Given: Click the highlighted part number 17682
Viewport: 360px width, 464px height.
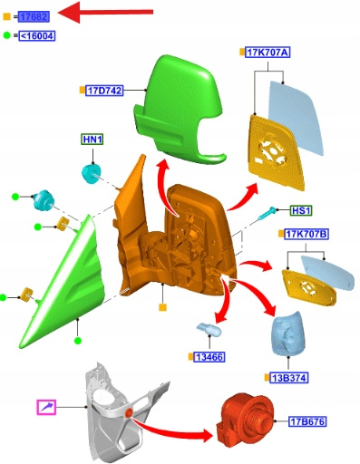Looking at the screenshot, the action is pyautogui.click(x=34, y=16).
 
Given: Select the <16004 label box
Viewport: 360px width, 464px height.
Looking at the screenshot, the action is pyautogui.click(x=37, y=36).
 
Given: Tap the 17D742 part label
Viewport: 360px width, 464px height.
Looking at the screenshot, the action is pyautogui.click(x=104, y=91).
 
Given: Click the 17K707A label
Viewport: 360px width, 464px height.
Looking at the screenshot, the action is pyautogui.click(x=268, y=53).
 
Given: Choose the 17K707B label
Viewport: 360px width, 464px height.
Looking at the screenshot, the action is pyautogui.click(x=306, y=234).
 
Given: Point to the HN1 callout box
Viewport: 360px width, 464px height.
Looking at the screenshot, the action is pyautogui.click(x=92, y=140).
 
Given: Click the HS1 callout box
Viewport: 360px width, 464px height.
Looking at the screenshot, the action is pyautogui.click(x=301, y=210).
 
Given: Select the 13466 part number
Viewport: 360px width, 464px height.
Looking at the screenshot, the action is pyautogui.click(x=209, y=357).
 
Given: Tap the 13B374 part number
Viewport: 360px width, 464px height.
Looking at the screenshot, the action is pyautogui.click(x=289, y=378).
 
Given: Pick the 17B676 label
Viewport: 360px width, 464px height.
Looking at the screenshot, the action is pyautogui.click(x=307, y=421).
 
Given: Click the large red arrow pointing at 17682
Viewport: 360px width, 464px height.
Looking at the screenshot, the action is pyautogui.click(x=105, y=12).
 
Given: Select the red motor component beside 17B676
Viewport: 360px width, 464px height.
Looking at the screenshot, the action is pyautogui.click(x=245, y=418).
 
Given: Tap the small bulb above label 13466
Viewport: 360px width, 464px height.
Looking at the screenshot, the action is pyautogui.click(x=209, y=329).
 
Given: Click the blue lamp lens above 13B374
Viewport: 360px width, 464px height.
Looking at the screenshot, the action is pyautogui.click(x=287, y=333).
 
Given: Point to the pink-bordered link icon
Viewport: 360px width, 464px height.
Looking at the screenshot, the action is pyautogui.click(x=46, y=407).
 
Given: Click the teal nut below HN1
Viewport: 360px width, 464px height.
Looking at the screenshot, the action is pyautogui.click(x=91, y=174).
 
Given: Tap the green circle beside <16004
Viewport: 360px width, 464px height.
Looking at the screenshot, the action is pyautogui.click(x=7, y=35).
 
